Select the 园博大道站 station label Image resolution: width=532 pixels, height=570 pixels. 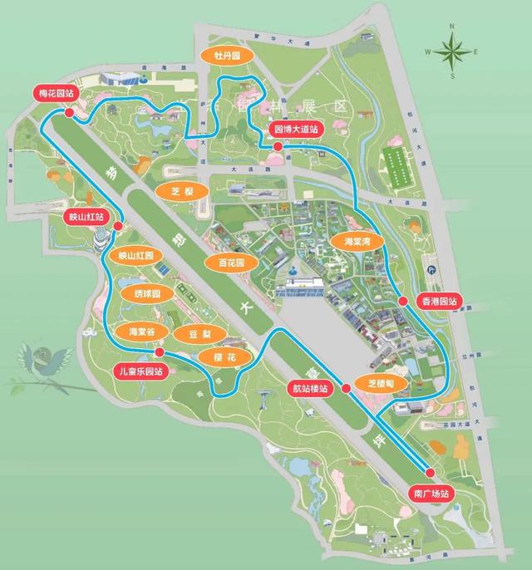click(297, 129)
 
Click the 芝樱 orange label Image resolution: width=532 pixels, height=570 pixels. click(181, 191)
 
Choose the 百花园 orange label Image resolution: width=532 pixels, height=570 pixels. click(232, 263)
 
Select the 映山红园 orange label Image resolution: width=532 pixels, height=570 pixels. click(135, 256)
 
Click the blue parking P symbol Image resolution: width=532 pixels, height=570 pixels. click(431, 271)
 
